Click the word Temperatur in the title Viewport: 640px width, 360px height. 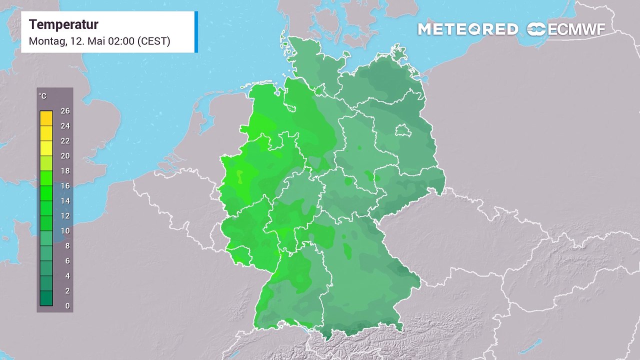coord(63,24)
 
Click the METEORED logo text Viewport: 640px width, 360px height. coord(467,29)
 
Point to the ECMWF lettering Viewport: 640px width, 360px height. coord(576,29)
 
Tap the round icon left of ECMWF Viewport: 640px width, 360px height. coord(536,29)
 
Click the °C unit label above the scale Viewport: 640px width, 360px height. coord(43,96)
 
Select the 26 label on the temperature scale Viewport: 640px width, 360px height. coord(64,111)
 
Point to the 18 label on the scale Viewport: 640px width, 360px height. coord(64,171)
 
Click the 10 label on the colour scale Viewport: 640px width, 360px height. coord(64,231)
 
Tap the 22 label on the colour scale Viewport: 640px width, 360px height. coord(64,141)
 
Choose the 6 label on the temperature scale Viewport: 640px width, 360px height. coord(67,261)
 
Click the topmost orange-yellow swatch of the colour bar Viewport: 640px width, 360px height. coord(46,118)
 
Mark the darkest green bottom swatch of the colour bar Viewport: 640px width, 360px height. coord(46,298)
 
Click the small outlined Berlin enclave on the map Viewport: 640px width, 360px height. coord(402,131)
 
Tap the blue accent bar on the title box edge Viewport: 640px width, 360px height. coord(196,32)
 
